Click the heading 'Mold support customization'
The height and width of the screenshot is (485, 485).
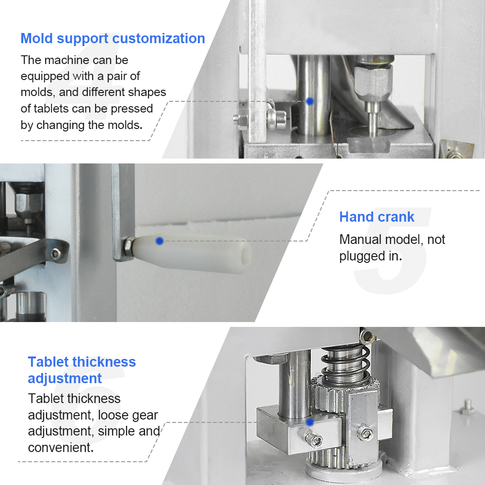(113, 39)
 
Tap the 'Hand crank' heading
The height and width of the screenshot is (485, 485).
(377, 217)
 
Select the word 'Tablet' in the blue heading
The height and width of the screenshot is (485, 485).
(48, 362)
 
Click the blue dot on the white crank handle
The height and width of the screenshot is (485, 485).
(160, 241)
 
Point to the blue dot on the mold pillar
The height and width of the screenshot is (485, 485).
(309, 101)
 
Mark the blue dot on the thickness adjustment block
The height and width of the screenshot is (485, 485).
(309, 422)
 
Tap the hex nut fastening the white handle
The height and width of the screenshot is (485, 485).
(128, 246)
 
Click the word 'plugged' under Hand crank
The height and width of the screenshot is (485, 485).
(359, 257)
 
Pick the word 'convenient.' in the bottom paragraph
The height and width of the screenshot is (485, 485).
(61, 448)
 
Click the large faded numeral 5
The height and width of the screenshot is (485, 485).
(392, 251)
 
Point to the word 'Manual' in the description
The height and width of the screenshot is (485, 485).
(360, 240)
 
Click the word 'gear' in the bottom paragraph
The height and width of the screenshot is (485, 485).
(145, 416)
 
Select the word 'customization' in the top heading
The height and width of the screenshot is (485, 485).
(159, 39)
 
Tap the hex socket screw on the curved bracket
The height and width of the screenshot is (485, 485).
(56, 253)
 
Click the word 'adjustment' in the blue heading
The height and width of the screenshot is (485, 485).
(65, 379)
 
